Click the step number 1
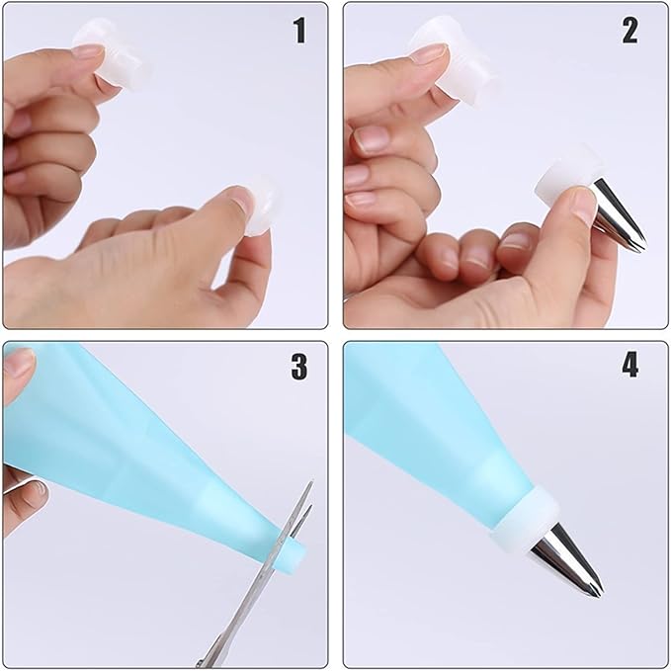pyautogui.click(x=300, y=31)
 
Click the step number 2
pyautogui.click(x=629, y=31)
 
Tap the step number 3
pyautogui.click(x=299, y=367)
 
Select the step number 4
pyautogui.click(x=629, y=365)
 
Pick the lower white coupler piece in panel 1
pyautogui.click(x=262, y=204)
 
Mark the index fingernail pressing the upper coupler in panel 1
pyautogui.click(x=89, y=51)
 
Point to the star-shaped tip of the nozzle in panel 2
pyautogui.click(x=637, y=245)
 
